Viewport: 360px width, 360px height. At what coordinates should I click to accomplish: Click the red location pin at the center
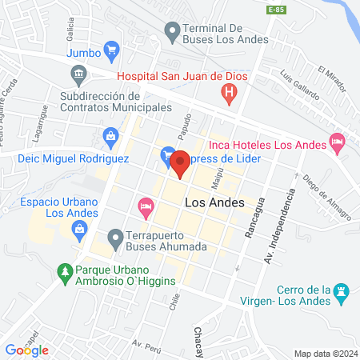coord(181,163)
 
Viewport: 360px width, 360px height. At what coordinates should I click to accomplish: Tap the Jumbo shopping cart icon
coord(112,52)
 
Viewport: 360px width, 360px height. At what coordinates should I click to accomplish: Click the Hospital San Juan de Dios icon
coord(230,95)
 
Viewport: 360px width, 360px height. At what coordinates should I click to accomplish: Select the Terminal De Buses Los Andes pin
coord(171,33)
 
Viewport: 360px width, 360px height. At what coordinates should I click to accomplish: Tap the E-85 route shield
coord(276,9)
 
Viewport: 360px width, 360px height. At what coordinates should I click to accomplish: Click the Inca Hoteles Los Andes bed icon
coord(338,145)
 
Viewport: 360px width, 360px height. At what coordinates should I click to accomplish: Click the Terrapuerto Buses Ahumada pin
coord(115,238)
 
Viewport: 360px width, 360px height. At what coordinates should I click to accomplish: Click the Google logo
coord(26,350)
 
